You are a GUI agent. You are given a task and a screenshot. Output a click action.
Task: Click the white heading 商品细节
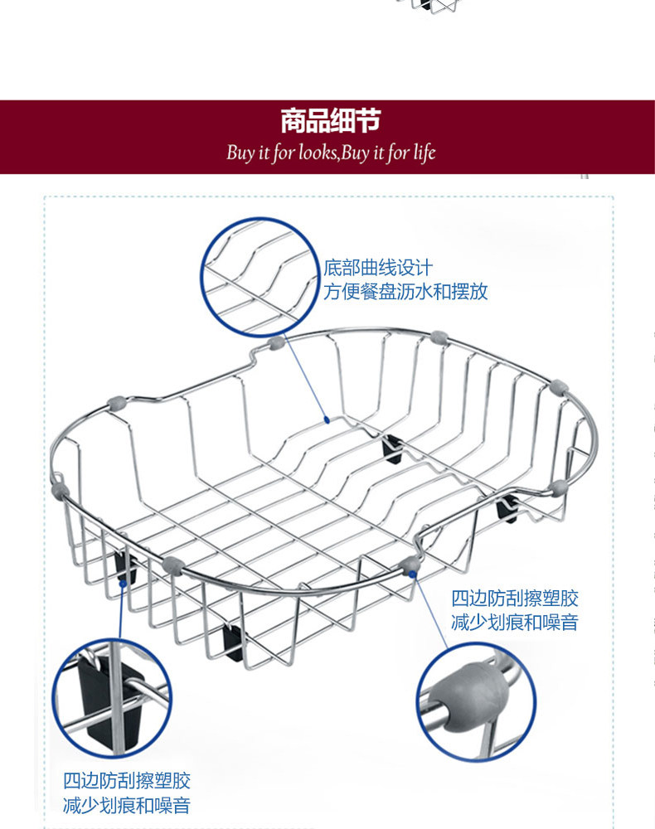(330, 122)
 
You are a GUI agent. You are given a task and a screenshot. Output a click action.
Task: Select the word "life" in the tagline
(422, 153)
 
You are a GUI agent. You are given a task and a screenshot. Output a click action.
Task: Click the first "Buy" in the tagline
(240, 153)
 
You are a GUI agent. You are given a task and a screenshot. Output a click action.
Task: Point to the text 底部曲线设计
(378, 269)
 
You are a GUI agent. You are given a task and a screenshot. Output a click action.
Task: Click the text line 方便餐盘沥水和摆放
(405, 292)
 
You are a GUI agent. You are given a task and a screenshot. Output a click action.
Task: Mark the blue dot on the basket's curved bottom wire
(328, 419)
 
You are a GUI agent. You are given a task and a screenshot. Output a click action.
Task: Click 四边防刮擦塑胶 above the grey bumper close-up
(515, 599)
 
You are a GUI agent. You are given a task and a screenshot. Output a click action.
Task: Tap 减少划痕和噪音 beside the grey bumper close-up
(515, 623)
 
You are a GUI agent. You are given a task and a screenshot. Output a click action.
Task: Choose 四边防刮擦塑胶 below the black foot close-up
(127, 781)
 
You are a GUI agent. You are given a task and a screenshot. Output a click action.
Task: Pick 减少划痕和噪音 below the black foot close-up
(127, 805)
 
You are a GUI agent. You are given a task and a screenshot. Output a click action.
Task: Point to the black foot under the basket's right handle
(508, 507)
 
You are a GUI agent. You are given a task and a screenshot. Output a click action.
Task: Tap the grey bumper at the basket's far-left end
(59, 488)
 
